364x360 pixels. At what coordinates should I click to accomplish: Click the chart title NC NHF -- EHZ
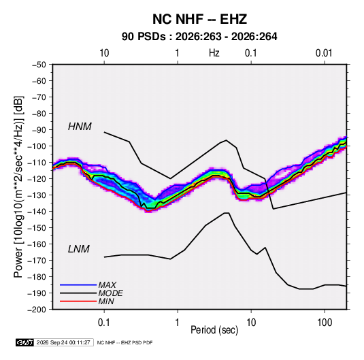pyautogui.click(x=199, y=19)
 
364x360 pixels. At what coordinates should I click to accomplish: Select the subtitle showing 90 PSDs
pyautogui.click(x=199, y=37)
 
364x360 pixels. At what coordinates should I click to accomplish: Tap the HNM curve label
pyautogui.click(x=80, y=127)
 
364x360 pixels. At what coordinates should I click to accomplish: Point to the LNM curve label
pyautogui.click(x=79, y=249)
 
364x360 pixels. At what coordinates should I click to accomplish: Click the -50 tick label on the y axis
pyautogui.click(x=39, y=65)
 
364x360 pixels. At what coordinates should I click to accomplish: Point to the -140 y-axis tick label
pyautogui.click(x=37, y=212)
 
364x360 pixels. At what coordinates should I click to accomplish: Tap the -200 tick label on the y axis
pyautogui.click(x=37, y=310)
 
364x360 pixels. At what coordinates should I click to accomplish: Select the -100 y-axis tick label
pyautogui.click(x=37, y=146)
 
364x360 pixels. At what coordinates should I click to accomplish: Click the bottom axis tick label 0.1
pyautogui.click(x=104, y=323)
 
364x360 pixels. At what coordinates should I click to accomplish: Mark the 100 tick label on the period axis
pyautogui.click(x=325, y=323)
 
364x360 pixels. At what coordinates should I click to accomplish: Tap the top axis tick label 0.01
pyautogui.click(x=324, y=53)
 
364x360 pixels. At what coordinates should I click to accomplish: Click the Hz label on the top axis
pyautogui.click(x=214, y=53)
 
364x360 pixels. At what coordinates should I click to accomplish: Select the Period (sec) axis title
pyautogui.click(x=214, y=330)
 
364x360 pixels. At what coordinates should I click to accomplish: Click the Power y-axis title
pyautogui.click(x=18, y=186)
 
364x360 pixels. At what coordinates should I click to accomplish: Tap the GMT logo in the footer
pyautogui.click(x=25, y=342)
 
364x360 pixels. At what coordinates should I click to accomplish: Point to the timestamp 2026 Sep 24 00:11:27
pyautogui.click(x=63, y=342)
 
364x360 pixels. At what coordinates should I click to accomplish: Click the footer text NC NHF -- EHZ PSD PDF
pyautogui.click(x=125, y=342)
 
